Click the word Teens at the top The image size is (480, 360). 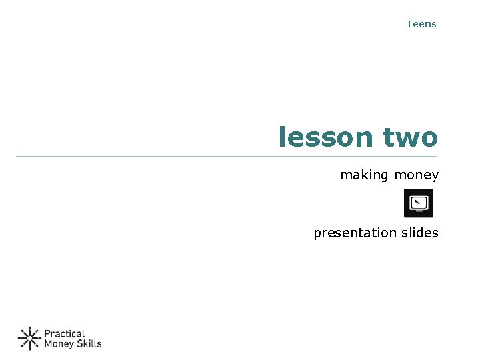(x=421, y=24)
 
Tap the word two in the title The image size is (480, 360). (x=411, y=137)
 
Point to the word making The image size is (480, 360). (x=364, y=175)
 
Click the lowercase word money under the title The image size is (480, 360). (x=417, y=175)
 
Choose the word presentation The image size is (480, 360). (x=355, y=233)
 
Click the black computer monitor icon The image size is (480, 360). (x=419, y=203)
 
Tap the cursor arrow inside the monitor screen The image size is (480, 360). (x=417, y=201)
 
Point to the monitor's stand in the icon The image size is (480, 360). (x=419, y=212)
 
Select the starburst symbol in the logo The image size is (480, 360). (x=29, y=339)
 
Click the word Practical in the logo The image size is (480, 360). (x=65, y=333)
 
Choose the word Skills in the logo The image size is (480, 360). (x=89, y=344)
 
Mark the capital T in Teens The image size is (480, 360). (x=409, y=24)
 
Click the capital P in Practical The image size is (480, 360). (x=47, y=333)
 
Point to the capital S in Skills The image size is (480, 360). (x=80, y=344)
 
